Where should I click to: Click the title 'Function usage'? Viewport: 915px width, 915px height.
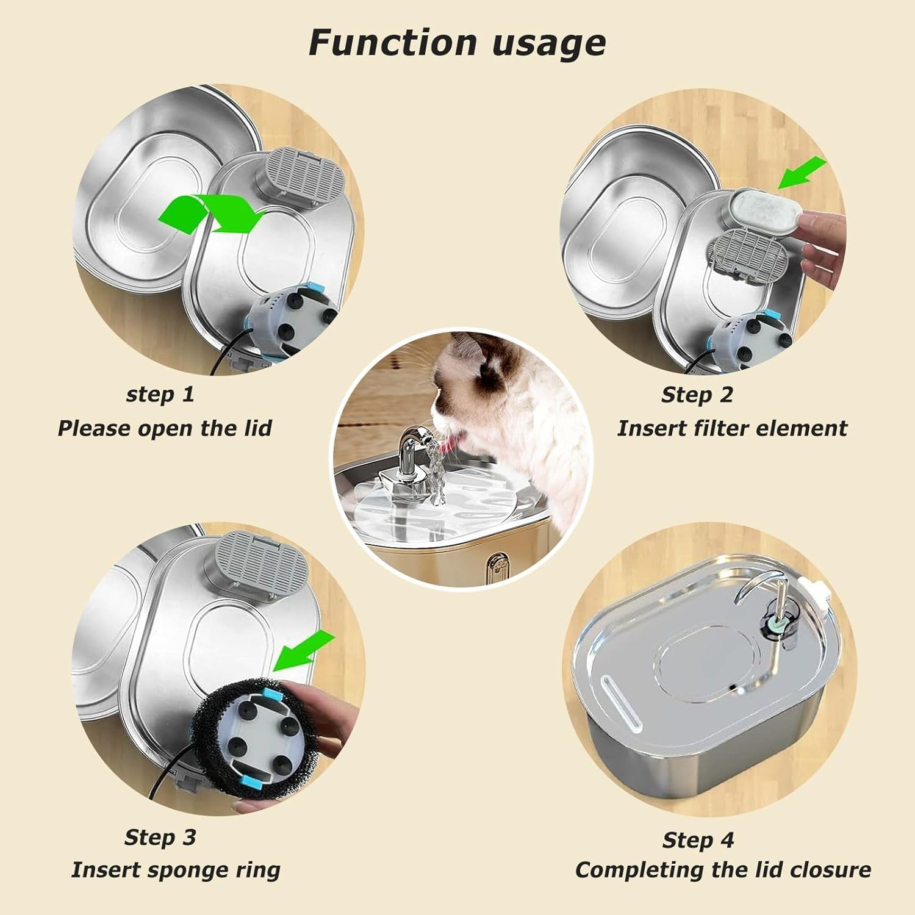[x=457, y=43]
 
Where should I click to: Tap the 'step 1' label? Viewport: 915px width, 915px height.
[x=160, y=394]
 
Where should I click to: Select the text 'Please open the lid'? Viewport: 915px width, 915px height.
[x=165, y=428]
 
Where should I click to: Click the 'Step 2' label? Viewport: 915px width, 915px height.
[x=697, y=395]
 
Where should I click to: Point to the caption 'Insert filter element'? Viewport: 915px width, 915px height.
[x=732, y=428]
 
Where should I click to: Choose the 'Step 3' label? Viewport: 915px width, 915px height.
[x=160, y=837]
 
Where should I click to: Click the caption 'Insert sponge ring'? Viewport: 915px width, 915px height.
[x=176, y=870]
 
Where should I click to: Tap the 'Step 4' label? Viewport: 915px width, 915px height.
[x=698, y=840]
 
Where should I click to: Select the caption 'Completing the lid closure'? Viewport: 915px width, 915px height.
[x=723, y=870]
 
